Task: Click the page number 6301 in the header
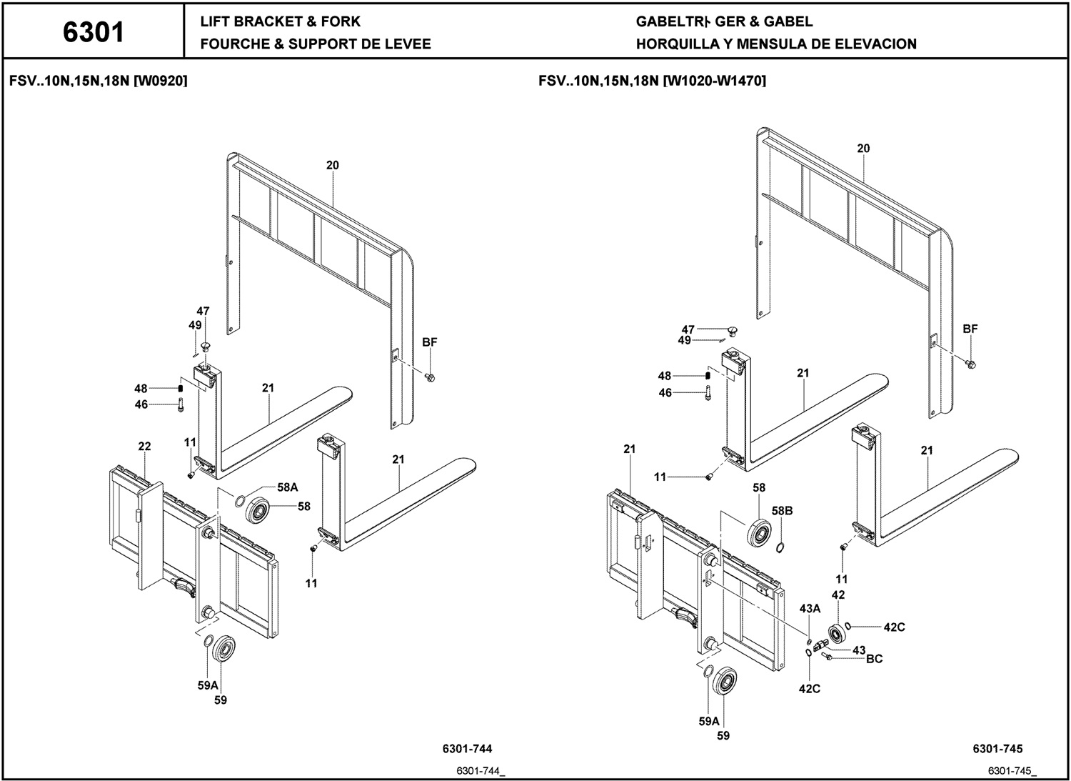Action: (94, 33)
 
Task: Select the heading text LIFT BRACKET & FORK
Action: (280, 21)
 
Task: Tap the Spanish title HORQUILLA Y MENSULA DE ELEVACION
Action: (776, 44)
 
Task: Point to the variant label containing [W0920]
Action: (99, 81)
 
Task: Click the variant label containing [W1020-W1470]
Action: (652, 81)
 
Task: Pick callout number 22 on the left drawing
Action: (144, 446)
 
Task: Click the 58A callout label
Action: (287, 487)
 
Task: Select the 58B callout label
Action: (783, 511)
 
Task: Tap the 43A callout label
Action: (810, 608)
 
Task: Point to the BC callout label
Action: (875, 659)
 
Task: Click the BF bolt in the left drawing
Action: (430, 377)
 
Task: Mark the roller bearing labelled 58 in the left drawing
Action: (258, 511)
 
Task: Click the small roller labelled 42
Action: (838, 634)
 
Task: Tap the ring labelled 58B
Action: (780, 547)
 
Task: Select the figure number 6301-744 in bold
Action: (467, 748)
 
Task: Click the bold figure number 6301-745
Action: (998, 748)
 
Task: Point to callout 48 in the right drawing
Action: (665, 376)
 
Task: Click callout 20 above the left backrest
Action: (332, 165)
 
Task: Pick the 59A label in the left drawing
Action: (208, 685)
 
